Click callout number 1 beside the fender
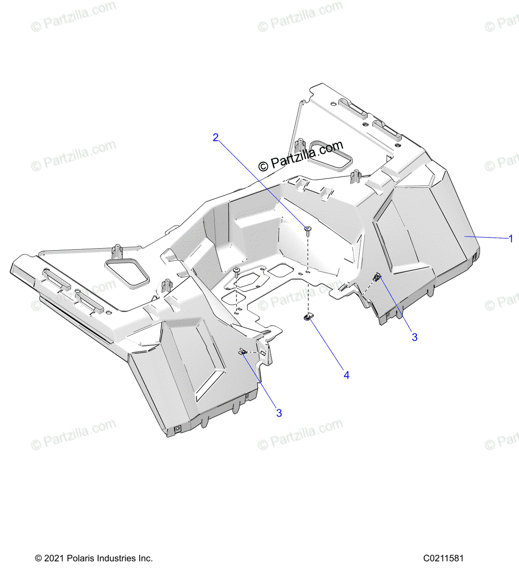(x=511, y=239)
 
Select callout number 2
(x=216, y=138)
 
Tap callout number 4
(x=346, y=375)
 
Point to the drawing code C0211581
(x=443, y=558)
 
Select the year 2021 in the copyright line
(x=53, y=558)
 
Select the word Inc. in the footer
(x=147, y=558)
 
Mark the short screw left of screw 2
(x=237, y=271)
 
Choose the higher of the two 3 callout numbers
(x=414, y=337)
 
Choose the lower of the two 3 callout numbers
(x=279, y=413)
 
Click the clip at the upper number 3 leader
(x=377, y=277)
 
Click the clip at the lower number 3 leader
(x=242, y=351)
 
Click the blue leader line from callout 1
(x=487, y=237)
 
